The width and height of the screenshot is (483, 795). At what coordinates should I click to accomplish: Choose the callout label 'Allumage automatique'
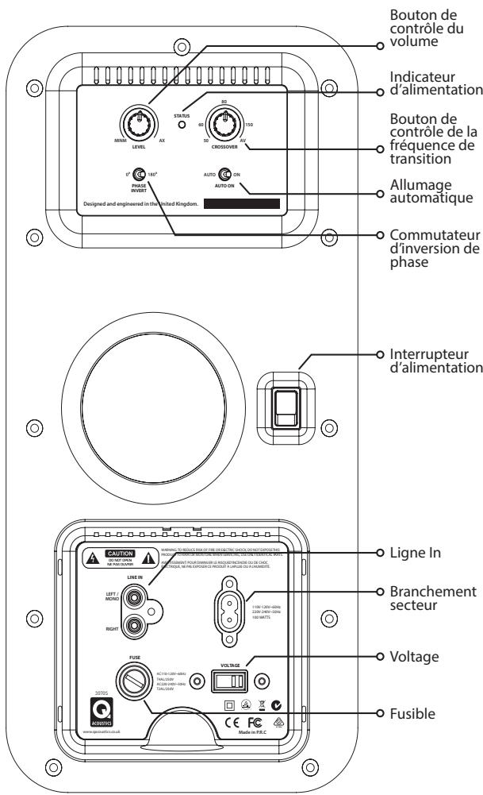(427, 191)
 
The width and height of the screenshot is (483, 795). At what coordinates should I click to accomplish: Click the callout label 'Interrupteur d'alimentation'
(434, 360)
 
